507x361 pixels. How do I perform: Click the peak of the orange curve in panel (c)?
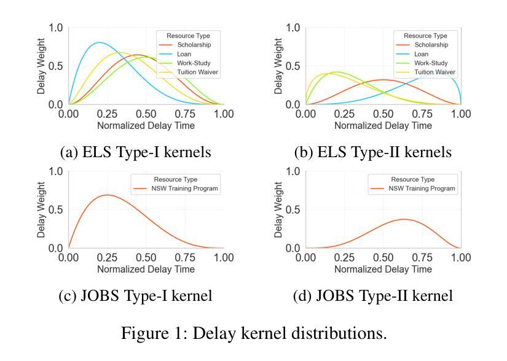pyautogui.click(x=108, y=195)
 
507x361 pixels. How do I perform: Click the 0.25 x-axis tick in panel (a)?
pyautogui.click(x=107, y=114)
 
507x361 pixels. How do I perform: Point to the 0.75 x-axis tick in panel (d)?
pyautogui.click(x=422, y=258)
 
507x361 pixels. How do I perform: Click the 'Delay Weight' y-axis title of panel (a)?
pyautogui.click(x=41, y=66)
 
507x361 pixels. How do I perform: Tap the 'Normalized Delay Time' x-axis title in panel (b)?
pyautogui.click(x=383, y=125)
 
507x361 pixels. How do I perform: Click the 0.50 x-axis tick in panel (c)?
pyautogui.click(x=146, y=258)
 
